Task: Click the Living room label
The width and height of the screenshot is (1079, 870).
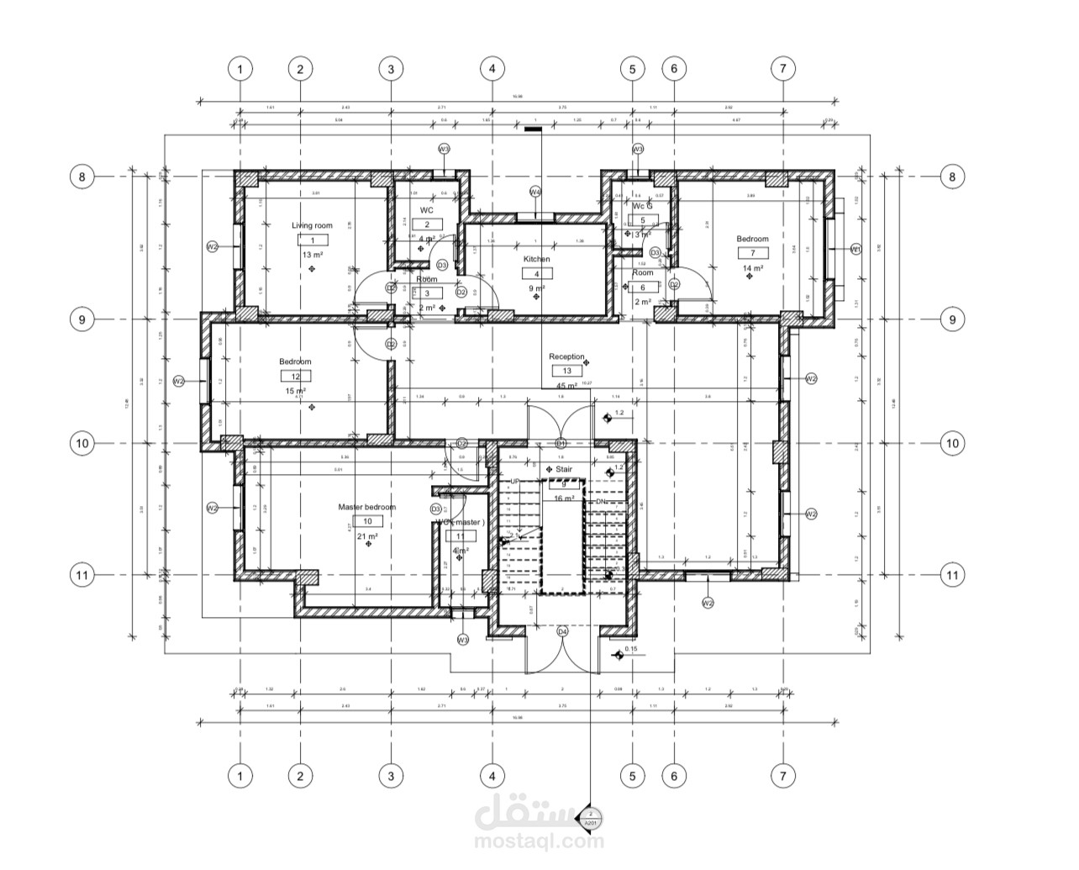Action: [312, 225]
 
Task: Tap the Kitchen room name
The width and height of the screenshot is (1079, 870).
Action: [536, 259]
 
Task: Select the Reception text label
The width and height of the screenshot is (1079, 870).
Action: [566, 356]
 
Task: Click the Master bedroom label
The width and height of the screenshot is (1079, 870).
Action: [366, 507]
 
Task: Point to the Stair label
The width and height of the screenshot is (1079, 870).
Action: [563, 469]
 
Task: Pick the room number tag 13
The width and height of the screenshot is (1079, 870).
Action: [566, 371]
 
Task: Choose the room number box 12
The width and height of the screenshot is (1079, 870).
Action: [295, 377]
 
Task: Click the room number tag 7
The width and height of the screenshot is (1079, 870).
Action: [752, 253]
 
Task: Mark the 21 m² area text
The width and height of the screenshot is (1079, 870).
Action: [367, 535]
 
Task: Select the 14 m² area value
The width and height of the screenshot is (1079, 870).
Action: [752, 268]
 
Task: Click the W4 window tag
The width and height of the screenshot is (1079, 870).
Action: [535, 192]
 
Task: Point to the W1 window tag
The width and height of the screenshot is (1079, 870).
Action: [855, 249]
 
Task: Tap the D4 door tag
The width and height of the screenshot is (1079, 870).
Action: [562, 631]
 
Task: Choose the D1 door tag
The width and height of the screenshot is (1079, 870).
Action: [561, 443]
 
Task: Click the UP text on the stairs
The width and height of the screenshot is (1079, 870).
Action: [515, 481]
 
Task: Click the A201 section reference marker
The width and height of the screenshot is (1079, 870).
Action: [591, 824]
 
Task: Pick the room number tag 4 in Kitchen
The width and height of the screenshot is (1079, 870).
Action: [536, 274]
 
